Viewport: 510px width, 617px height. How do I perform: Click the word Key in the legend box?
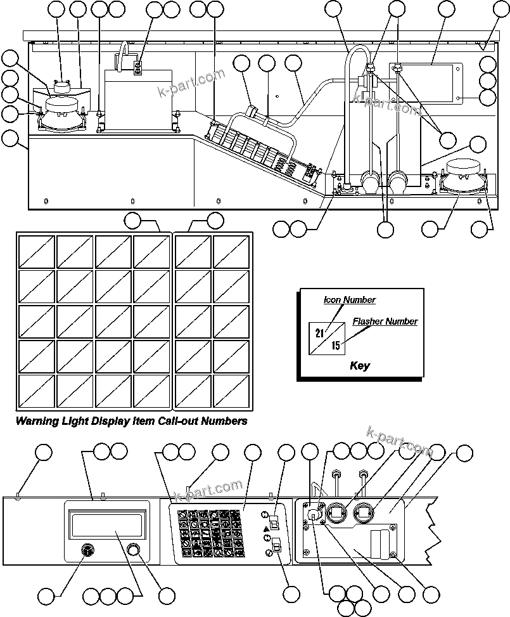click(x=359, y=366)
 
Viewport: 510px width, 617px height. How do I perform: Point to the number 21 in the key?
click(x=320, y=333)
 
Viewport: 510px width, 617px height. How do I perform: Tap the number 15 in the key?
click(x=336, y=346)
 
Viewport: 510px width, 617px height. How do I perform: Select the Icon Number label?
click(x=350, y=300)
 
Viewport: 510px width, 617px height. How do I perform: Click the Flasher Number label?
click(x=385, y=321)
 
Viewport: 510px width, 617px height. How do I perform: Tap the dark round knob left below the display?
click(x=87, y=550)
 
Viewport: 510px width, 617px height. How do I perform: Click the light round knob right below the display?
click(x=133, y=549)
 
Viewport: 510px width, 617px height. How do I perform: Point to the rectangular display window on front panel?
click(x=107, y=526)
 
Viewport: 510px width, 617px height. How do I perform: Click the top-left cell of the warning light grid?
click(x=35, y=252)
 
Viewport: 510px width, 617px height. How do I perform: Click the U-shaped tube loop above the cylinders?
click(x=357, y=60)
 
